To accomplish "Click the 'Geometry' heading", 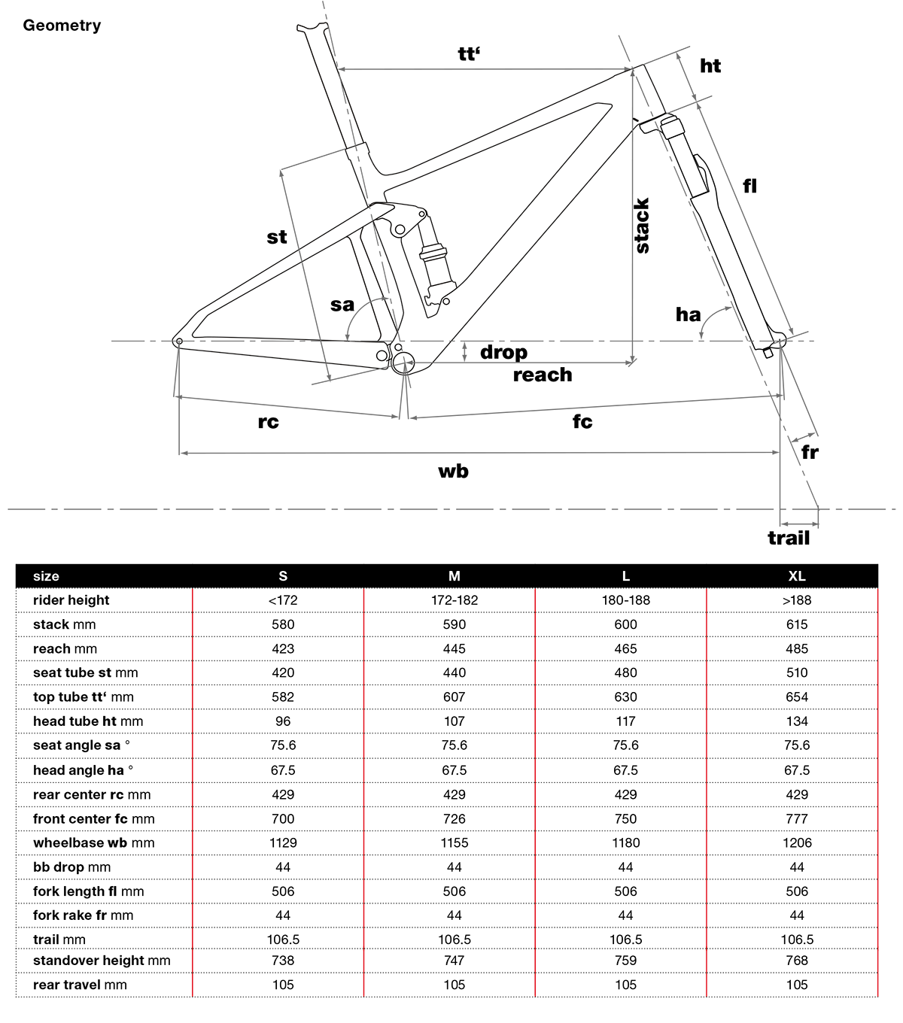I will coord(62,26).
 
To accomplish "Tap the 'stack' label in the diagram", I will coord(642,226).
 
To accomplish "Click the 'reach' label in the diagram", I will coord(543,375).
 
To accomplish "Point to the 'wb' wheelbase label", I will coord(453,472).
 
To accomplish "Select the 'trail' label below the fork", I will coord(789,538).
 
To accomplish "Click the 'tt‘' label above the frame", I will coord(469,53).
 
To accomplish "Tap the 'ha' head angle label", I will coord(688,314).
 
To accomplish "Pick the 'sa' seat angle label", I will coord(342,305).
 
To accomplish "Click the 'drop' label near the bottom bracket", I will coord(503,352).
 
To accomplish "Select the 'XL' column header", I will coord(797,576).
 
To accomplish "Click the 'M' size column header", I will coord(455,576).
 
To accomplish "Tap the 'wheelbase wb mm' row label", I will coord(94,842).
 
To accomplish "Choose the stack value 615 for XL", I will coord(797,624).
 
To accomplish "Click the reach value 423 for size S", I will coord(283,648).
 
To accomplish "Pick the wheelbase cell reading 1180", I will coord(625,842).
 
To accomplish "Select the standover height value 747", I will coord(455,960).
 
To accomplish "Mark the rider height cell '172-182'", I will coord(455,600).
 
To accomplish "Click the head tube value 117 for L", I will coord(625,721).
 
